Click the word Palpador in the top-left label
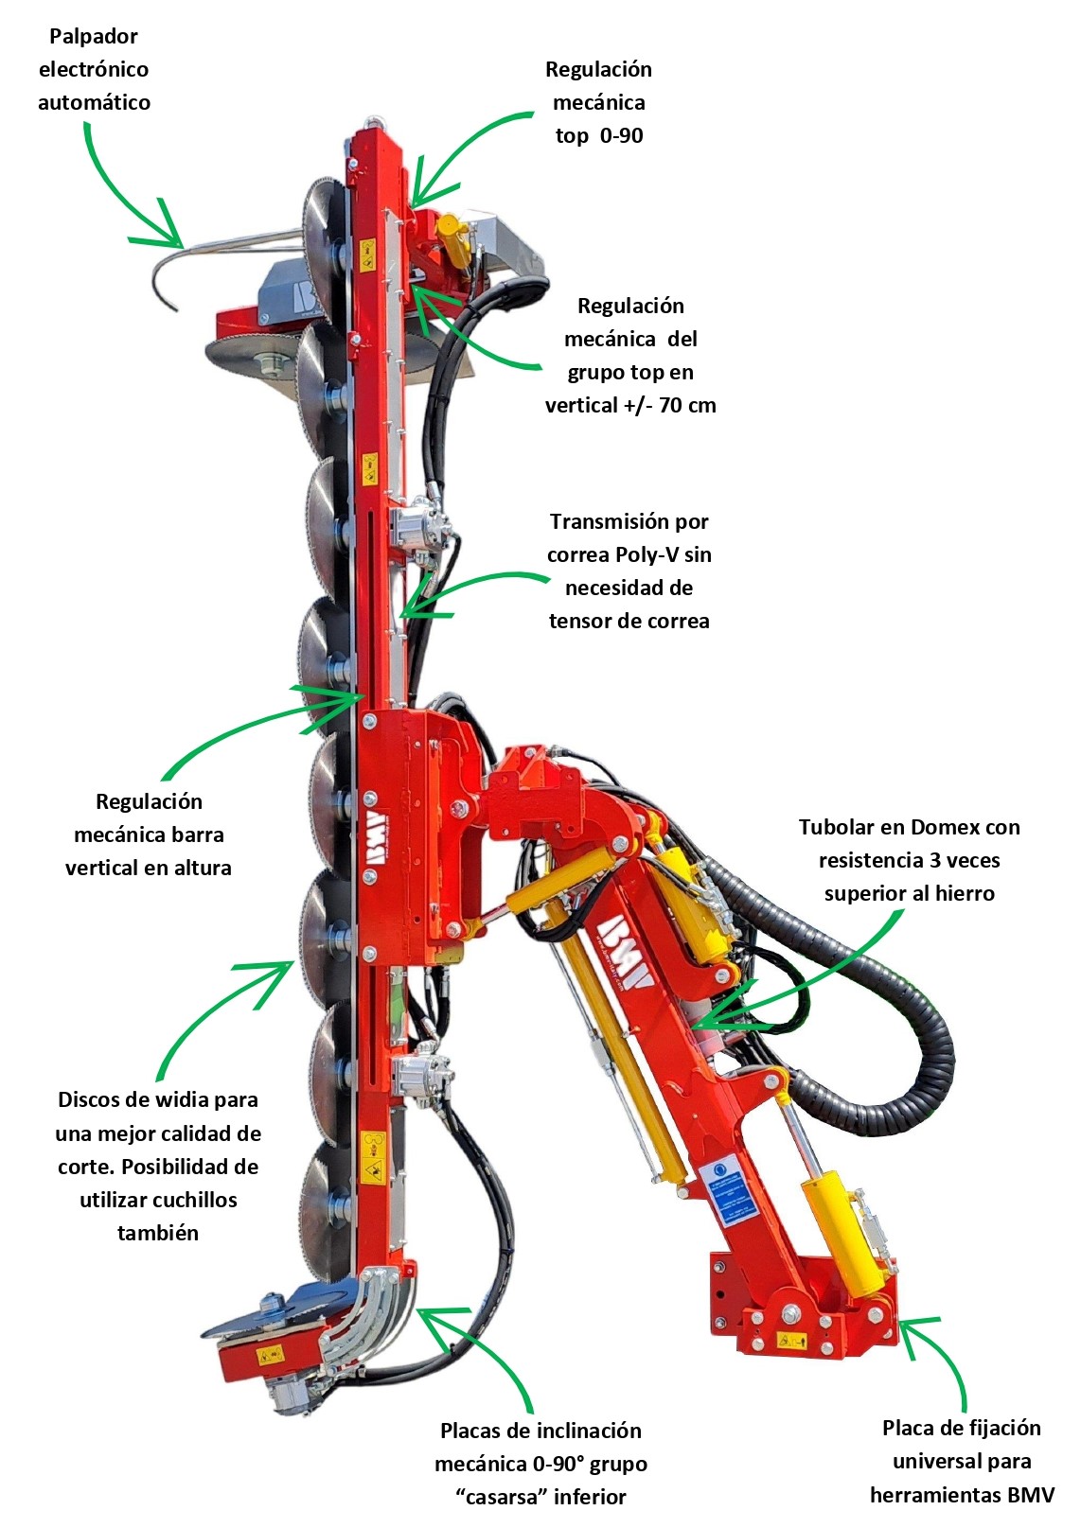tap(94, 37)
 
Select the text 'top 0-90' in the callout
tap(599, 135)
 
